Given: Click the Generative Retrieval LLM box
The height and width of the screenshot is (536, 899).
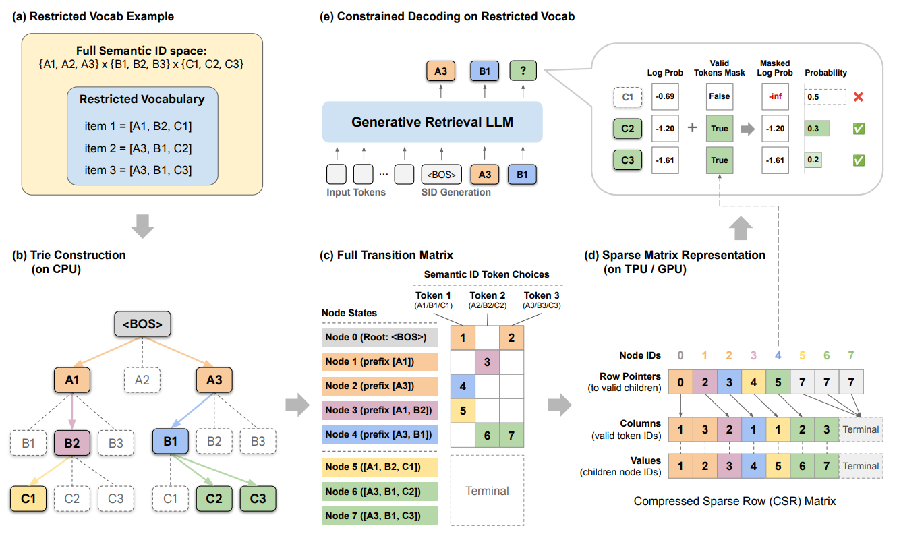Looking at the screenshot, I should tap(432, 122).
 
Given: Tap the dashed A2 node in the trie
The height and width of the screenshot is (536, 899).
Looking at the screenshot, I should tap(143, 380).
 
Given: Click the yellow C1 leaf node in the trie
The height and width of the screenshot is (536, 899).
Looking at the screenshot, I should tap(28, 498).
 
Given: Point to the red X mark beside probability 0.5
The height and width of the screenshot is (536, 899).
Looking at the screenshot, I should tap(859, 96).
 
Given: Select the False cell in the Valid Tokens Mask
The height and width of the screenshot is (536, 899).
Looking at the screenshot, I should tap(720, 96).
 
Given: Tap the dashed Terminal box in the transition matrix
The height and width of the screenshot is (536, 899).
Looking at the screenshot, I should tap(487, 491).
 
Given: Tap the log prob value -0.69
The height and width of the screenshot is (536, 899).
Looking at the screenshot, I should tap(664, 96).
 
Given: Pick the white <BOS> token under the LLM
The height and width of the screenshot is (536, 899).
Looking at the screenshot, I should tap(442, 175).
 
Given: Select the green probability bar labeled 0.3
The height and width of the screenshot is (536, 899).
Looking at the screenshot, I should tap(817, 129).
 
